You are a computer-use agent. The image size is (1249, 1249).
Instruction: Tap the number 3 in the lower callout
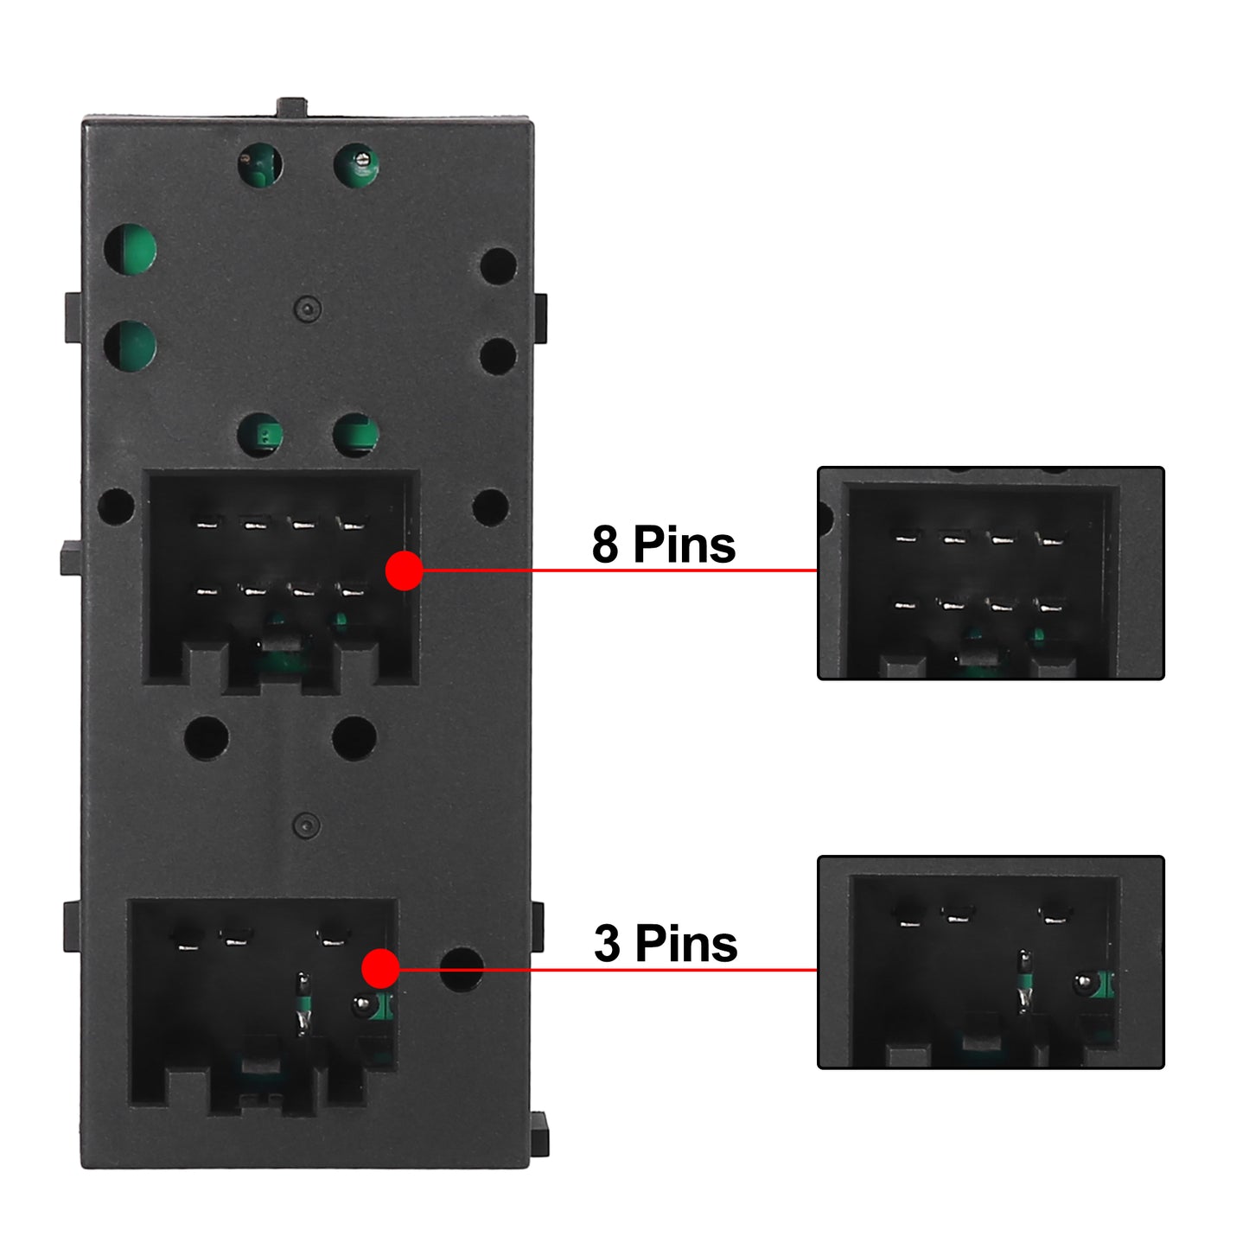608,943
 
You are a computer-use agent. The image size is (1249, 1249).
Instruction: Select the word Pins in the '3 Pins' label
686,943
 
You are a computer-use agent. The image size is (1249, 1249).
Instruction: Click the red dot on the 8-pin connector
405,570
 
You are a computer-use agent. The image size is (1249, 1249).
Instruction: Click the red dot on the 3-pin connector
380,968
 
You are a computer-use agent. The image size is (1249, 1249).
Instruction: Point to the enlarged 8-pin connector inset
991,573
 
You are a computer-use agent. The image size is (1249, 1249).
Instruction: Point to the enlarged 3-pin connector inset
991,962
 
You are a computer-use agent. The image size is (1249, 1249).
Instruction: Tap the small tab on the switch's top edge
291,107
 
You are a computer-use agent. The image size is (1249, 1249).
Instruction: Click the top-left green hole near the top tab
260,165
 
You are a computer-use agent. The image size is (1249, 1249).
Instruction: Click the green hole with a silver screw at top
356,165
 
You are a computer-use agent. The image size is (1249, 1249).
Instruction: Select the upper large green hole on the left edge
131,250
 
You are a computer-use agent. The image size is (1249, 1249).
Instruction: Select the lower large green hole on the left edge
131,346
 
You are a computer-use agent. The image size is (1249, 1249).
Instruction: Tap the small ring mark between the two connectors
307,825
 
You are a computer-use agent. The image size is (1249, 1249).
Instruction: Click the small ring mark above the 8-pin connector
308,309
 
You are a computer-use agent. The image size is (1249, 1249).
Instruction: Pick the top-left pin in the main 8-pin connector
207,522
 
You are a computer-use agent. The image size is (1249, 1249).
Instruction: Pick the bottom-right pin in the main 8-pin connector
353,590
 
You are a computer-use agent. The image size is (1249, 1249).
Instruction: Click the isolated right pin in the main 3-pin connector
334,938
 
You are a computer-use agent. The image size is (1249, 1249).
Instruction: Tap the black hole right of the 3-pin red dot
462,970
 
